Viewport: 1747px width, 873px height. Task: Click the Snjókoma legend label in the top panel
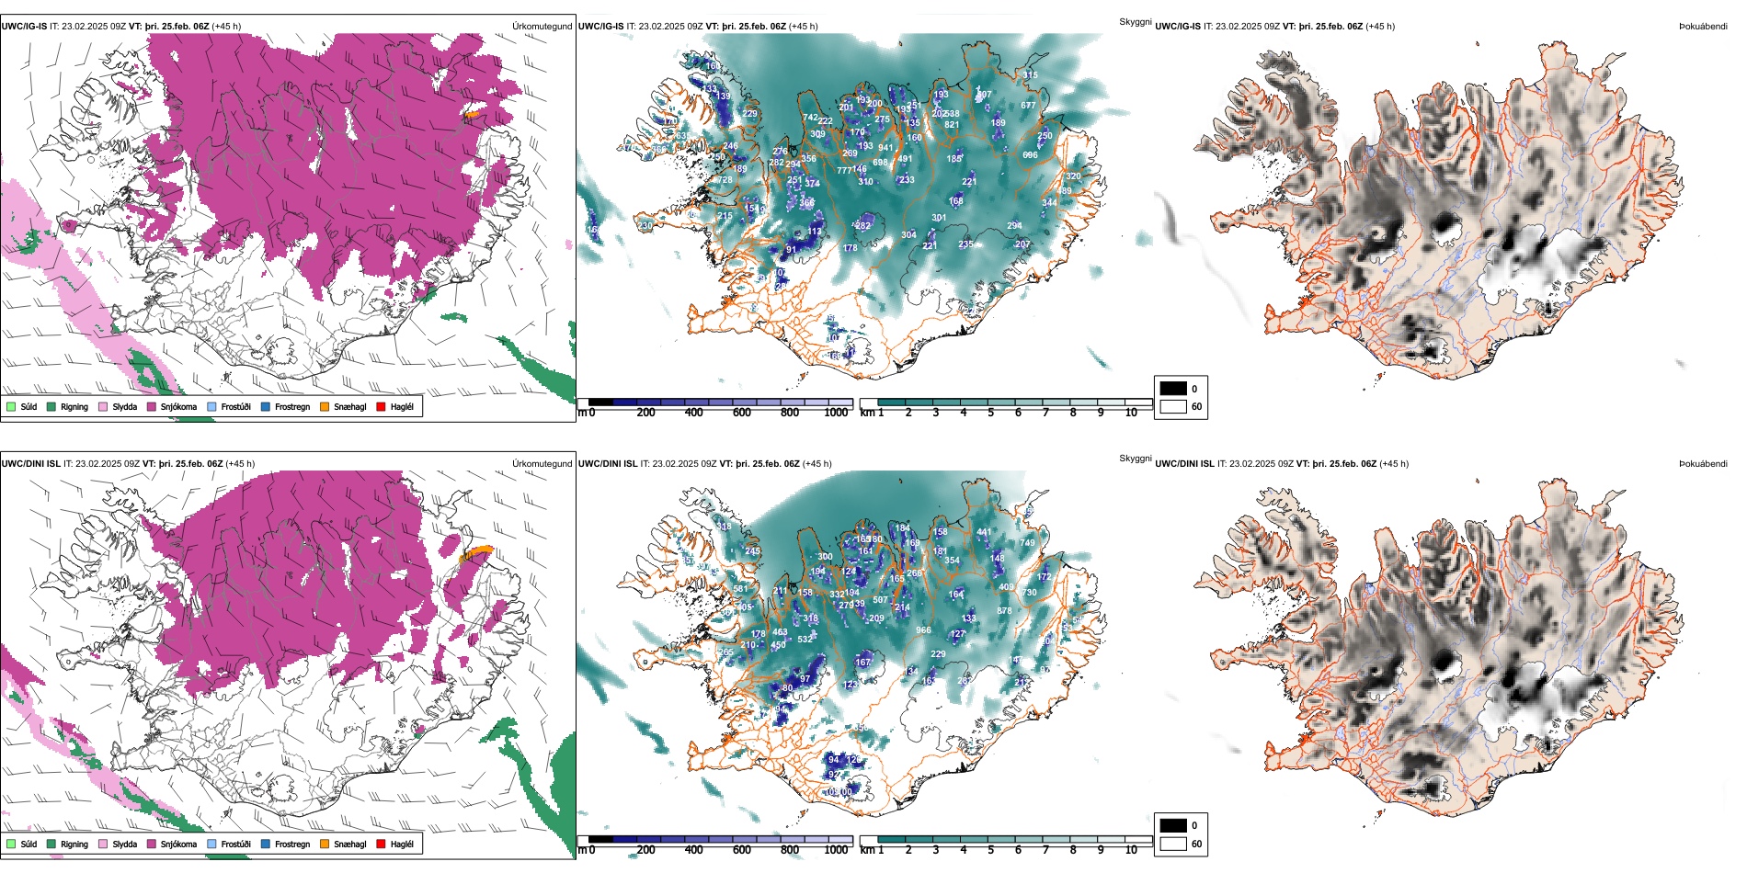coord(178,407)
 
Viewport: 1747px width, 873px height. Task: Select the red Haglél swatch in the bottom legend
coord(381,845)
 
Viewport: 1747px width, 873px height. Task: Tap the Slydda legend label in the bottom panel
coord(125,845)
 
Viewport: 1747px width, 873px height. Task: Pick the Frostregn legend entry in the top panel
coord(292,407)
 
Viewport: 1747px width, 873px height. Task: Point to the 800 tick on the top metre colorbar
coord(790,413)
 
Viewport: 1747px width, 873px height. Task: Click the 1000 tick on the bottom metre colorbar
coord(836,850)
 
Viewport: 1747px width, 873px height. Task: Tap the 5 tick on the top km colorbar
coord(990,413)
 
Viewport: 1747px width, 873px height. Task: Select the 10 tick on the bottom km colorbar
coord(1131,850)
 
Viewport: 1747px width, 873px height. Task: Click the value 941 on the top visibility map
coord(885,148)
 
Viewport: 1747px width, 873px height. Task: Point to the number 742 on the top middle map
coord(810,119)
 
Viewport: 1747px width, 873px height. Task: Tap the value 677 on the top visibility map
coord(1028,106)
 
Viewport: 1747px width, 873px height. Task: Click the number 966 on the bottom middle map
coord(923,630)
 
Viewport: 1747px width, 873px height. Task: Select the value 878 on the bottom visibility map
coord(1004,611)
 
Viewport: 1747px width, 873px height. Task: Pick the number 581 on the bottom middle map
coord(740,589)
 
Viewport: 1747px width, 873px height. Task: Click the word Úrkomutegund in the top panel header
coord(542,27)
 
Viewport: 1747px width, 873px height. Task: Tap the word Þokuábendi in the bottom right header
coord(1703,464)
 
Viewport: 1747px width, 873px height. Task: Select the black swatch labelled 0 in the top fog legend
coord(1173,389)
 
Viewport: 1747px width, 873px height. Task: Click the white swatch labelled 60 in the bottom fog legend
coord(1173,844)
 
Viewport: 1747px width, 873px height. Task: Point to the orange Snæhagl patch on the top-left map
coord(472,115)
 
